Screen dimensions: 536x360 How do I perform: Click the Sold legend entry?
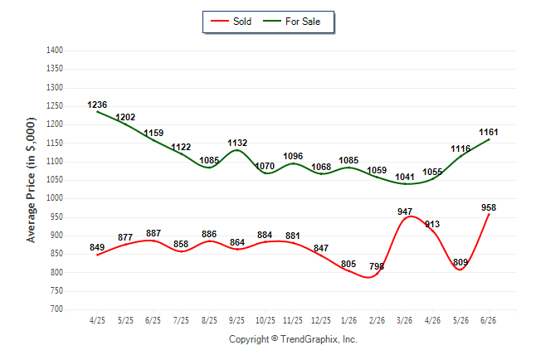[231, 22]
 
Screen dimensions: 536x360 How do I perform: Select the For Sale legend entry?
[291, 22]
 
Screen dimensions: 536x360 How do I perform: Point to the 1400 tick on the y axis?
[55, 51]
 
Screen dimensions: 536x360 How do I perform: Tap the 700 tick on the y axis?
[56, 309]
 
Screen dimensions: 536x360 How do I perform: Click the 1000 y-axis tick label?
[55, 198]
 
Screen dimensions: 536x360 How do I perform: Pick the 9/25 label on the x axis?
[236, 320]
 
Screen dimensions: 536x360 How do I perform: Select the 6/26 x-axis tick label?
[488, 320]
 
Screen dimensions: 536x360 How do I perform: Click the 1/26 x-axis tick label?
[348, 320]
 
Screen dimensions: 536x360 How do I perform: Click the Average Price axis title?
[31, 180]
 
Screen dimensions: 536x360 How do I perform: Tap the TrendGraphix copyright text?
[293, 339]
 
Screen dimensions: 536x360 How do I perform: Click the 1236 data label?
[97, 105]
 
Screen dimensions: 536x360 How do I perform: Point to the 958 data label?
[489, 207]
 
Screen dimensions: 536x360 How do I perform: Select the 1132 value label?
[237, 143]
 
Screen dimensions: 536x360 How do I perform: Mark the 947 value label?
[405, 212]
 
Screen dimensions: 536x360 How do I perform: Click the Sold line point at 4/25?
[97, 255]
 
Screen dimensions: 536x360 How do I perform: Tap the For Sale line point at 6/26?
[489, 139]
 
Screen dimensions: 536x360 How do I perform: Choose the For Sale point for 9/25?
[237, 150]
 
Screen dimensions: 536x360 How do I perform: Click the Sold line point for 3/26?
[405, 218]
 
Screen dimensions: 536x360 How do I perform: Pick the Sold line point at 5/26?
[460, 270]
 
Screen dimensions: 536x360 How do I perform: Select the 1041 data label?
[405, 177]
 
